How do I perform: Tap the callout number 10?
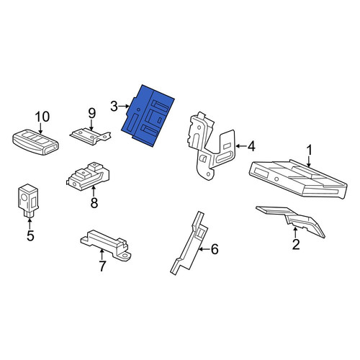[42, 117]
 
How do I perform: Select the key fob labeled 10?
[35, 142]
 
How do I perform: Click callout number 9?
[92, 113]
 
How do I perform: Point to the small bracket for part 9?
[91, 136]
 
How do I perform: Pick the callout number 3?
[114, 107]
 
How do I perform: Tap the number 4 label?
[251, 146]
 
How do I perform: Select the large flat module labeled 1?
[297, 179]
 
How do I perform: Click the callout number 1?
[310, 150]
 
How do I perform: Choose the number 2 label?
[296, 245]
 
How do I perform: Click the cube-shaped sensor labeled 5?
[28, 200]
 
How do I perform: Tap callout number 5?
[30, 235]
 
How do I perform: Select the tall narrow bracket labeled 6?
[189, 243]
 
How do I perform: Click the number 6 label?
[215, 249]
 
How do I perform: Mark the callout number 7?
[102, 266]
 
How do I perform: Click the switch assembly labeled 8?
[88, 176]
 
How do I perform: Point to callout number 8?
[94, 203]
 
